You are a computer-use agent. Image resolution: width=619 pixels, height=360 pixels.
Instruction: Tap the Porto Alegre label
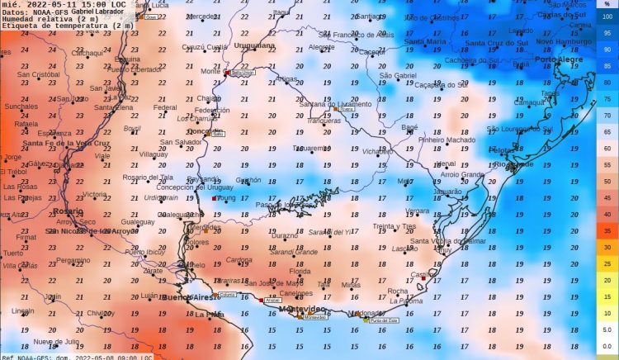(557, 59)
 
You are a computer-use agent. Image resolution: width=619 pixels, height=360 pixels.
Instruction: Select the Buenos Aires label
(187, 296)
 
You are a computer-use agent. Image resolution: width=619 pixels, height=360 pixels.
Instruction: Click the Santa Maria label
(425, 41)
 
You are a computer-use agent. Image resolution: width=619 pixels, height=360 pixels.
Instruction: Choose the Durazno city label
(284, 235)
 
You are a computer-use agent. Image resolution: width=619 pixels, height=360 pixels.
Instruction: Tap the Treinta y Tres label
(394, 225)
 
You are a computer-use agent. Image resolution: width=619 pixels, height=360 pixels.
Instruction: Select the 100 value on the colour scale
(607, 19)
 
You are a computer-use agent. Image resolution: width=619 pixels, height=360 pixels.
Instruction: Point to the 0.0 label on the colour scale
(607, 346)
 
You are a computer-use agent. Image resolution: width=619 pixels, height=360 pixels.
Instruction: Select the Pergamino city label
(73, 260)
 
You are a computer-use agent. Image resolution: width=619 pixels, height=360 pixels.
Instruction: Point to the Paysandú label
(203, 178)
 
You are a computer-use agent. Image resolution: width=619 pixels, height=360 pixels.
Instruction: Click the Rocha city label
(397, 291)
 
